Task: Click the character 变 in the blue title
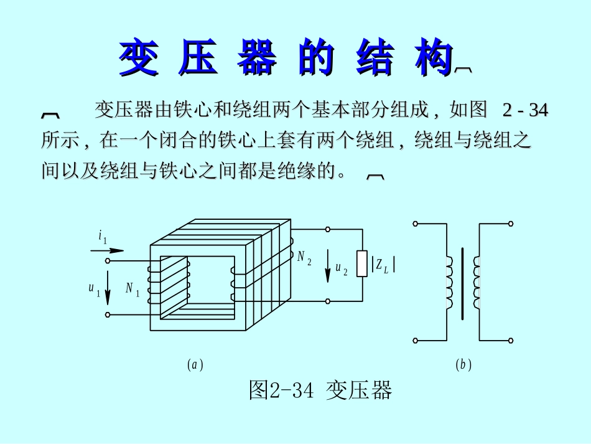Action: [138, 58]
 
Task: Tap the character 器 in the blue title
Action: [257, 58]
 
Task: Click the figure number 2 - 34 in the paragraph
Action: [525, 111]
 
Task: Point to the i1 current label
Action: [103, 237]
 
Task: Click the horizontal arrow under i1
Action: [103, 250]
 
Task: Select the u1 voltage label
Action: [94, 288]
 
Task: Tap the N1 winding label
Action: [133, 288]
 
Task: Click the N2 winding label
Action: [304, 257]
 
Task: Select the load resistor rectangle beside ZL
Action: [361, 264]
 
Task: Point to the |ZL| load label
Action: [383, 266]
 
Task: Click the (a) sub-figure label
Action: [195, 365]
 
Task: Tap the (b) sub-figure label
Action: [463, 365]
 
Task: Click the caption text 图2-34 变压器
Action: [320, 390]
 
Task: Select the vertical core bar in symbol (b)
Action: [462, 283]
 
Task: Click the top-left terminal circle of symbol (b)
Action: [415, 223]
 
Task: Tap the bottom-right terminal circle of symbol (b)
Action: [511, 341]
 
